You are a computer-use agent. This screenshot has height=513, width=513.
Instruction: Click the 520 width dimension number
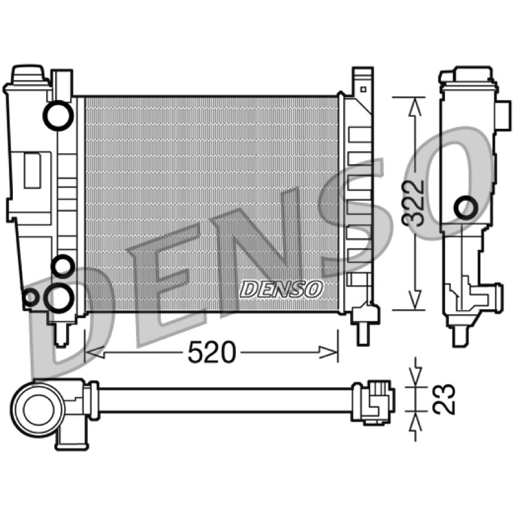tap(212, 352)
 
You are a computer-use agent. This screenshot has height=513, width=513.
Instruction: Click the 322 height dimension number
tap(413, 203)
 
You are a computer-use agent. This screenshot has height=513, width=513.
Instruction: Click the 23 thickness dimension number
tap(444, 399)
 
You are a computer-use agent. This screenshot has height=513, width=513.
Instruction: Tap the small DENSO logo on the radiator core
tap(281, 289)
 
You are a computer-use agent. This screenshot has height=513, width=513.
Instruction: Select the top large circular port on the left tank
tap(58, 115)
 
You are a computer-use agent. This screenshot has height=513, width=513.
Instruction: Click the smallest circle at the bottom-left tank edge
tap(30, 298)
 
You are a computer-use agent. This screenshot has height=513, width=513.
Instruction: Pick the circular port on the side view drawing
tap(466, 208)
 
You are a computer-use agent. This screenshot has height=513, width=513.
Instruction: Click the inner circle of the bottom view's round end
tap(38, 410)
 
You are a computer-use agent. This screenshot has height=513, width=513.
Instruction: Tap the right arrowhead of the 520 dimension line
tap(328, 352)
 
